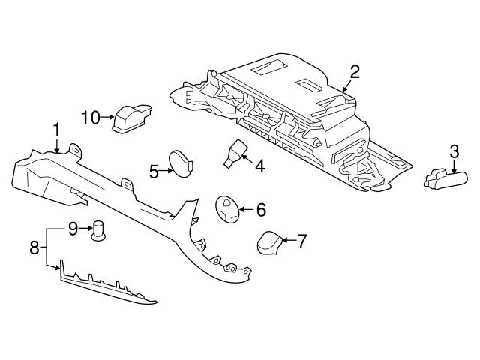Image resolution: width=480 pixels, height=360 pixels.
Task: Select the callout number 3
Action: tap(454, 151)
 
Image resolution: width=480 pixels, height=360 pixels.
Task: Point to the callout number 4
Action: tap(259, 166)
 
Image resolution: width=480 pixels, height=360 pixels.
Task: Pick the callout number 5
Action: tap(154, 172)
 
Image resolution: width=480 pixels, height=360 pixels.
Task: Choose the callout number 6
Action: tap(261, 210)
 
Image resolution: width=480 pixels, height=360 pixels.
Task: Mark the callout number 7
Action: tap(301, 241)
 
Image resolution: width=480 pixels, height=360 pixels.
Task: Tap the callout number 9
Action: tap(73, 228)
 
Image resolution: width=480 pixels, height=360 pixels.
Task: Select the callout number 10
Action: tap(90, 117)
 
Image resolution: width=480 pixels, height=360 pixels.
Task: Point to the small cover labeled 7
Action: tap(269, 244)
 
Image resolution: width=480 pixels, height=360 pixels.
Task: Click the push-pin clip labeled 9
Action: tap(97, 231)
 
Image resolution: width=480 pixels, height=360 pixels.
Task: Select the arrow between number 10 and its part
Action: tap(106, 117)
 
